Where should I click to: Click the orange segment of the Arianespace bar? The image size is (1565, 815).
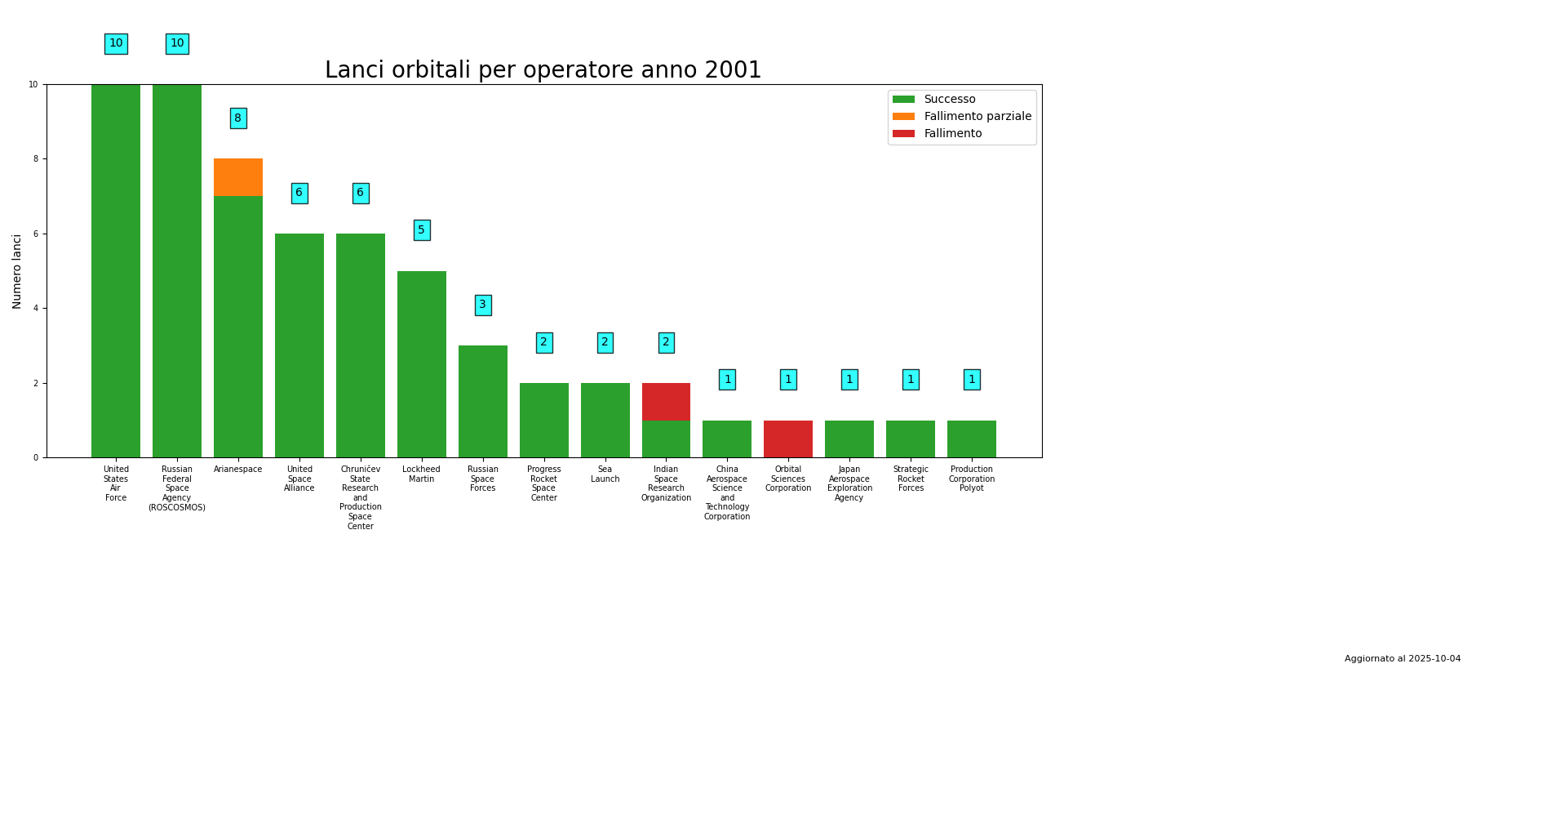click(237, 177)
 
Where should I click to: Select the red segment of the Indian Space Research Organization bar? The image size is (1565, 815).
click(666, 402)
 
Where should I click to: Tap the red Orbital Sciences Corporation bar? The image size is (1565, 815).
click(788, 439)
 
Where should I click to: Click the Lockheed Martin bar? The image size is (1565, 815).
click(421, 364)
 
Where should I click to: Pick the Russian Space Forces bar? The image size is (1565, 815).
click(482, 402)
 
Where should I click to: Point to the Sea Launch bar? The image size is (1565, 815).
click(605, 421)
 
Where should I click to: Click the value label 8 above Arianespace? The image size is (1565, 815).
click(237, 118)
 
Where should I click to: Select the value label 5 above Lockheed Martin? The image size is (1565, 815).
click(421, 230)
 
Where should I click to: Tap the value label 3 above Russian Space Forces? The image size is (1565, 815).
click(482, 305)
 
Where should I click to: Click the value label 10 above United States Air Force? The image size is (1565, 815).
click(116, 44)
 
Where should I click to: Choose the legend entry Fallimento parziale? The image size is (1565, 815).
click(977, 117)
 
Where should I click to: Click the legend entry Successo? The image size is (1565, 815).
click(949, 100)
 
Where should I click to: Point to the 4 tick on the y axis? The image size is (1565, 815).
click(35, 309)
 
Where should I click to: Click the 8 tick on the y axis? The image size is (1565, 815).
click(35, 159)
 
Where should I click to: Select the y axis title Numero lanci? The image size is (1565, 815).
click(17, 271)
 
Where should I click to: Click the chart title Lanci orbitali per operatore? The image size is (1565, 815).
click(543, 71)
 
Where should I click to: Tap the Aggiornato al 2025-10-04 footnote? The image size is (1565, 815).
click(1402, 659)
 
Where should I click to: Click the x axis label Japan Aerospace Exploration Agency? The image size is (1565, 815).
click(849, 483)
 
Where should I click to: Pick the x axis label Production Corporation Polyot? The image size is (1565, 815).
click(971, 479)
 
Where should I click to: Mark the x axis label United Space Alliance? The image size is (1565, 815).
click(299, 479)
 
